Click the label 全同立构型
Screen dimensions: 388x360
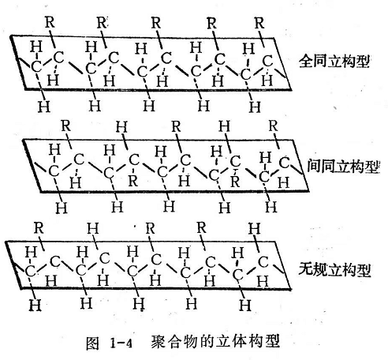pyautogui.click(x=334, y=62)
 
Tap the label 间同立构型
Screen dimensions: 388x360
pyautogui.click(x=344, y=167)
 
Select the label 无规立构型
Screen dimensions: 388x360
pyautogui.click(x=334, y=269)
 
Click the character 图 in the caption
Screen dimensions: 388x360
pyautogui.click(x=93, y=343)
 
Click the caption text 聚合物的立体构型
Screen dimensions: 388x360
pyautogui.click(x=215, y=341)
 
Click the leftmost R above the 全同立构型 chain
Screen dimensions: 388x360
pyautogui.click(x=50, y=22)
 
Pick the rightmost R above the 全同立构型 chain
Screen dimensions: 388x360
pyautogui.click(x=259, y=23)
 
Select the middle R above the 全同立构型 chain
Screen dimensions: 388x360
pyautogui.click(x=156, y=23)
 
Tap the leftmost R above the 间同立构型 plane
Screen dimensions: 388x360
pyautogui.click(x=66, y=126)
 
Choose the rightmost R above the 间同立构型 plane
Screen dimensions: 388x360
pyautogui.click(x=273, y=126)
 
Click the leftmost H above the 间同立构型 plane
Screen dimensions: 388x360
pyautogui.click(x=121, y=126)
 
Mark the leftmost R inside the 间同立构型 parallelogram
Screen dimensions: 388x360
pyautogui.click(x=133, y=181)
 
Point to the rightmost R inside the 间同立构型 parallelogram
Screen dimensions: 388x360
pyautogui.click(x=235, y=182)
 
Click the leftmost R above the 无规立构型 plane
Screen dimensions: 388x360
pyautogui.click(x=39, y=228)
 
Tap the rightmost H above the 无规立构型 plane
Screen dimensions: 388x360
pyautogui.click(x=255, y=228)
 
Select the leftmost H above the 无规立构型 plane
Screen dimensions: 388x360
pyautogui.click(x=93, y=228)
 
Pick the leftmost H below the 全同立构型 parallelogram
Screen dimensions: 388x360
pyautogui.click(x=44, y=107)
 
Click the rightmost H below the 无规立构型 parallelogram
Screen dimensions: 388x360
pyautogui.click(x=245, y=306)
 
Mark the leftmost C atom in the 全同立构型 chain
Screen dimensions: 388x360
pyautogui.click(x=36, y=67)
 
